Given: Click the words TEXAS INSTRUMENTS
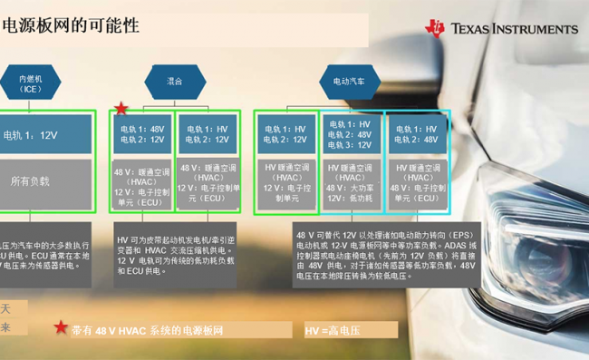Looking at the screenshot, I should [x=514, y=28].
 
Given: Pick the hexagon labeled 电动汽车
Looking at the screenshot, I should [x=349, y=81].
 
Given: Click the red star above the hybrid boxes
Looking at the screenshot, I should [x=121, y=109].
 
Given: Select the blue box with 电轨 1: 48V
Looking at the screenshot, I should [x=143, y=134].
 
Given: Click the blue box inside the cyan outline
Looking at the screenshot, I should [x=417, y=134].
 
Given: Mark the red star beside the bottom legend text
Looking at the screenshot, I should [x=61, y=327].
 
